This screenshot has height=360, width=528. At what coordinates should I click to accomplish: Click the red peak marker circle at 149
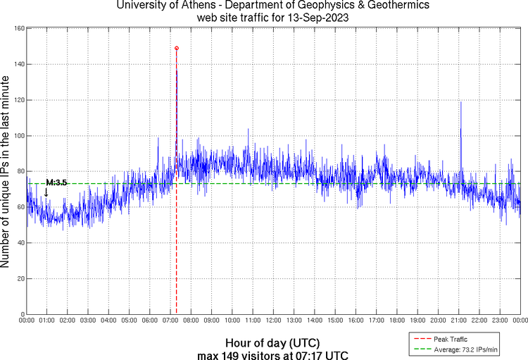pos(176,48)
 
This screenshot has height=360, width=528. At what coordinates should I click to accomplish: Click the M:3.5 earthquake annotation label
pos(56,182)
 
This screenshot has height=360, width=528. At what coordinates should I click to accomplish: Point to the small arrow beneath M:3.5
pos(46,192)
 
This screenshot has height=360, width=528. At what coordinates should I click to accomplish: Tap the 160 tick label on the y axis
pos(19,29)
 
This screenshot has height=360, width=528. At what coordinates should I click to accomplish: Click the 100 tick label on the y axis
pos(19,136)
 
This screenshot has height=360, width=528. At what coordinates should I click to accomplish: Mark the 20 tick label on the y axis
pos(21,279)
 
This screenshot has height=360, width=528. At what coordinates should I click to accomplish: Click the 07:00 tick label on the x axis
pos(170,321)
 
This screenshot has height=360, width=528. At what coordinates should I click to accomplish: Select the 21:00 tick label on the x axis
pos(458,321)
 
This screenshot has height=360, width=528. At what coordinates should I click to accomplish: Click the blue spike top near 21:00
pos(460,102)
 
